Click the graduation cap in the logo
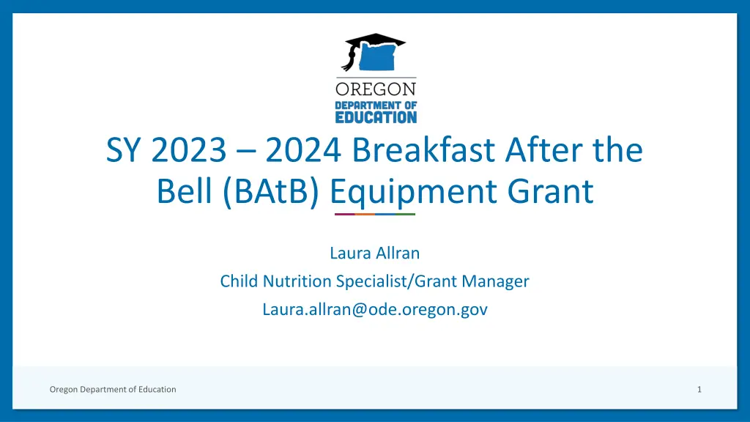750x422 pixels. tap(375, 40)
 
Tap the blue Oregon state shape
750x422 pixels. tap(377, 57)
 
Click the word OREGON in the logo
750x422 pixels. tap(376, 89)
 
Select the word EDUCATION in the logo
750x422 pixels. tap(376, 117)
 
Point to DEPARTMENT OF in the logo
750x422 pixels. tap(376, 105)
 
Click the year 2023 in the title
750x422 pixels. tap(189, 149)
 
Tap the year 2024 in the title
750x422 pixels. tap(303, 149)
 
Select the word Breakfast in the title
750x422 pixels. tap(423, 149)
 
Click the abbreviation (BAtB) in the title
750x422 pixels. tap(271, 191)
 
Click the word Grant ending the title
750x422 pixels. tap(551, 191)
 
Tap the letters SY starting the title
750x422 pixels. tap(123, 149)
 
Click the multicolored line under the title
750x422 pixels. tap(375, 215)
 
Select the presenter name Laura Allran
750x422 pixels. tap(374, 253)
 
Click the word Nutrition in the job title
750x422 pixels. tap(297, 281)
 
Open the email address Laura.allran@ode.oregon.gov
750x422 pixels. tap(375, 309)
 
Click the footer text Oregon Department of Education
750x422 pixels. tap(113, 390)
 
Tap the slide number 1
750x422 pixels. tap(699, 390)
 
